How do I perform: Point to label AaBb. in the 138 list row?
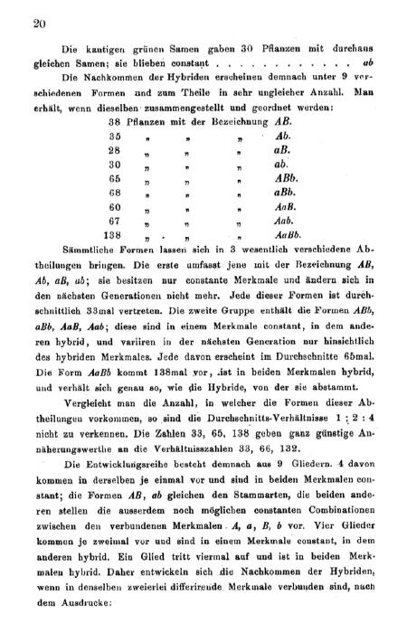tap(287, 235)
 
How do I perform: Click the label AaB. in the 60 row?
tap(283, 206)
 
